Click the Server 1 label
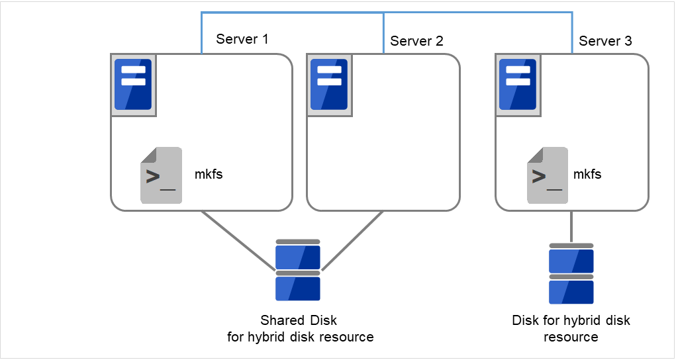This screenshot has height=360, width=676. tap(242, 39)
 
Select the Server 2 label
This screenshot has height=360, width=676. tap(416, 41)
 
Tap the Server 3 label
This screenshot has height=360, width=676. tap(605, 41)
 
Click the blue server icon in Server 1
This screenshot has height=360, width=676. tap(133, 85)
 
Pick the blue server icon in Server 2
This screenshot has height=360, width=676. tap(329, 85)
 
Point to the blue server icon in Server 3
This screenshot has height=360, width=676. tap(517, 85)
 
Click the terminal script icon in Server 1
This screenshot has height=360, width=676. tap(160, 175)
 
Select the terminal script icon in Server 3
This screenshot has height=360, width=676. tap(547, 175)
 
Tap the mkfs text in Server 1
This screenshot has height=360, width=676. tap(209, 175)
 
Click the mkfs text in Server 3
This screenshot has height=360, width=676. tap(587, 175)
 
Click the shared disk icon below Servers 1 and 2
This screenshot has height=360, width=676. tap(298, 271)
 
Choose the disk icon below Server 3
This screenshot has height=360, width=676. tap(571, 273)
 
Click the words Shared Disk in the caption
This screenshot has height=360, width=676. tap(299, 320)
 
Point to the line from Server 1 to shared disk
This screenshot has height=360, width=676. tap(238, 241)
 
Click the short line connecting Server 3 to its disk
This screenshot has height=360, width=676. tap(571, 227)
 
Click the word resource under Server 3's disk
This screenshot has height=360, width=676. tap(571, 337)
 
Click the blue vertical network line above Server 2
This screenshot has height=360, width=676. tap(384, 33)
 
